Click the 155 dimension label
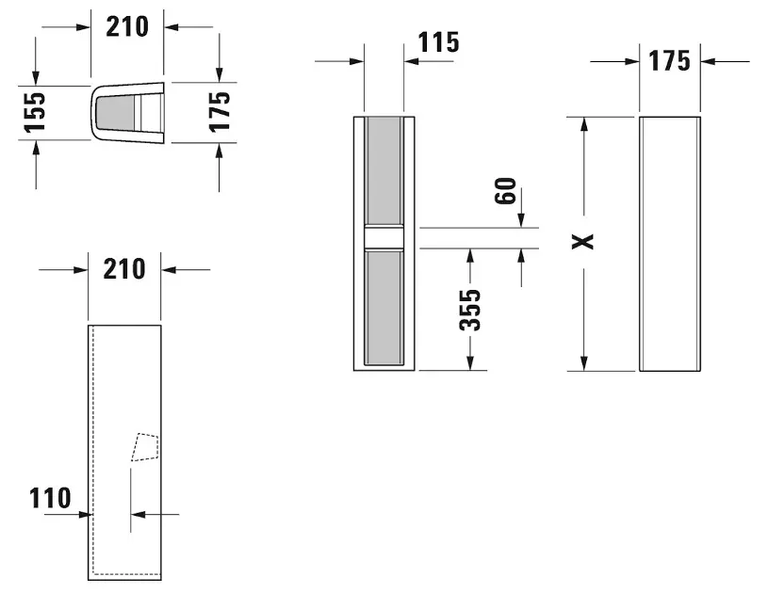click(35, 112)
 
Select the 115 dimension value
click(439, 42)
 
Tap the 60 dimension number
click(505, 191)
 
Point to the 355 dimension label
click(470, 311)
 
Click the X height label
click(583, 241)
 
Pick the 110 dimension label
click(50, 498)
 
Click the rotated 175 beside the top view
click(219, 112)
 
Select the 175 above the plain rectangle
click(669, 61)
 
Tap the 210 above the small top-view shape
click(127, 27)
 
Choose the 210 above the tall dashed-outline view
click(124, 269)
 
